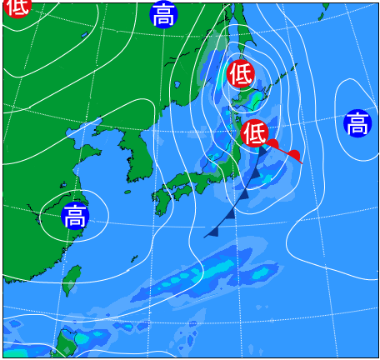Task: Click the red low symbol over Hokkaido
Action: pos(241,73)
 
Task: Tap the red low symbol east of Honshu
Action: pos(255,132)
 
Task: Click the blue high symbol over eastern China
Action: pos(75,216)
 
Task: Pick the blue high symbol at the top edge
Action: pos(164,14)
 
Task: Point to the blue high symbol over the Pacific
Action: pos(357,123)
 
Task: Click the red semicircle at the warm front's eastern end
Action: pos(293,154)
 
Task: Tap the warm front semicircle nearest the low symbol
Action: pos(272,144)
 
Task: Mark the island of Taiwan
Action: pos(73,279)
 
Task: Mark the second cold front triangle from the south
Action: pos(230,213)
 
